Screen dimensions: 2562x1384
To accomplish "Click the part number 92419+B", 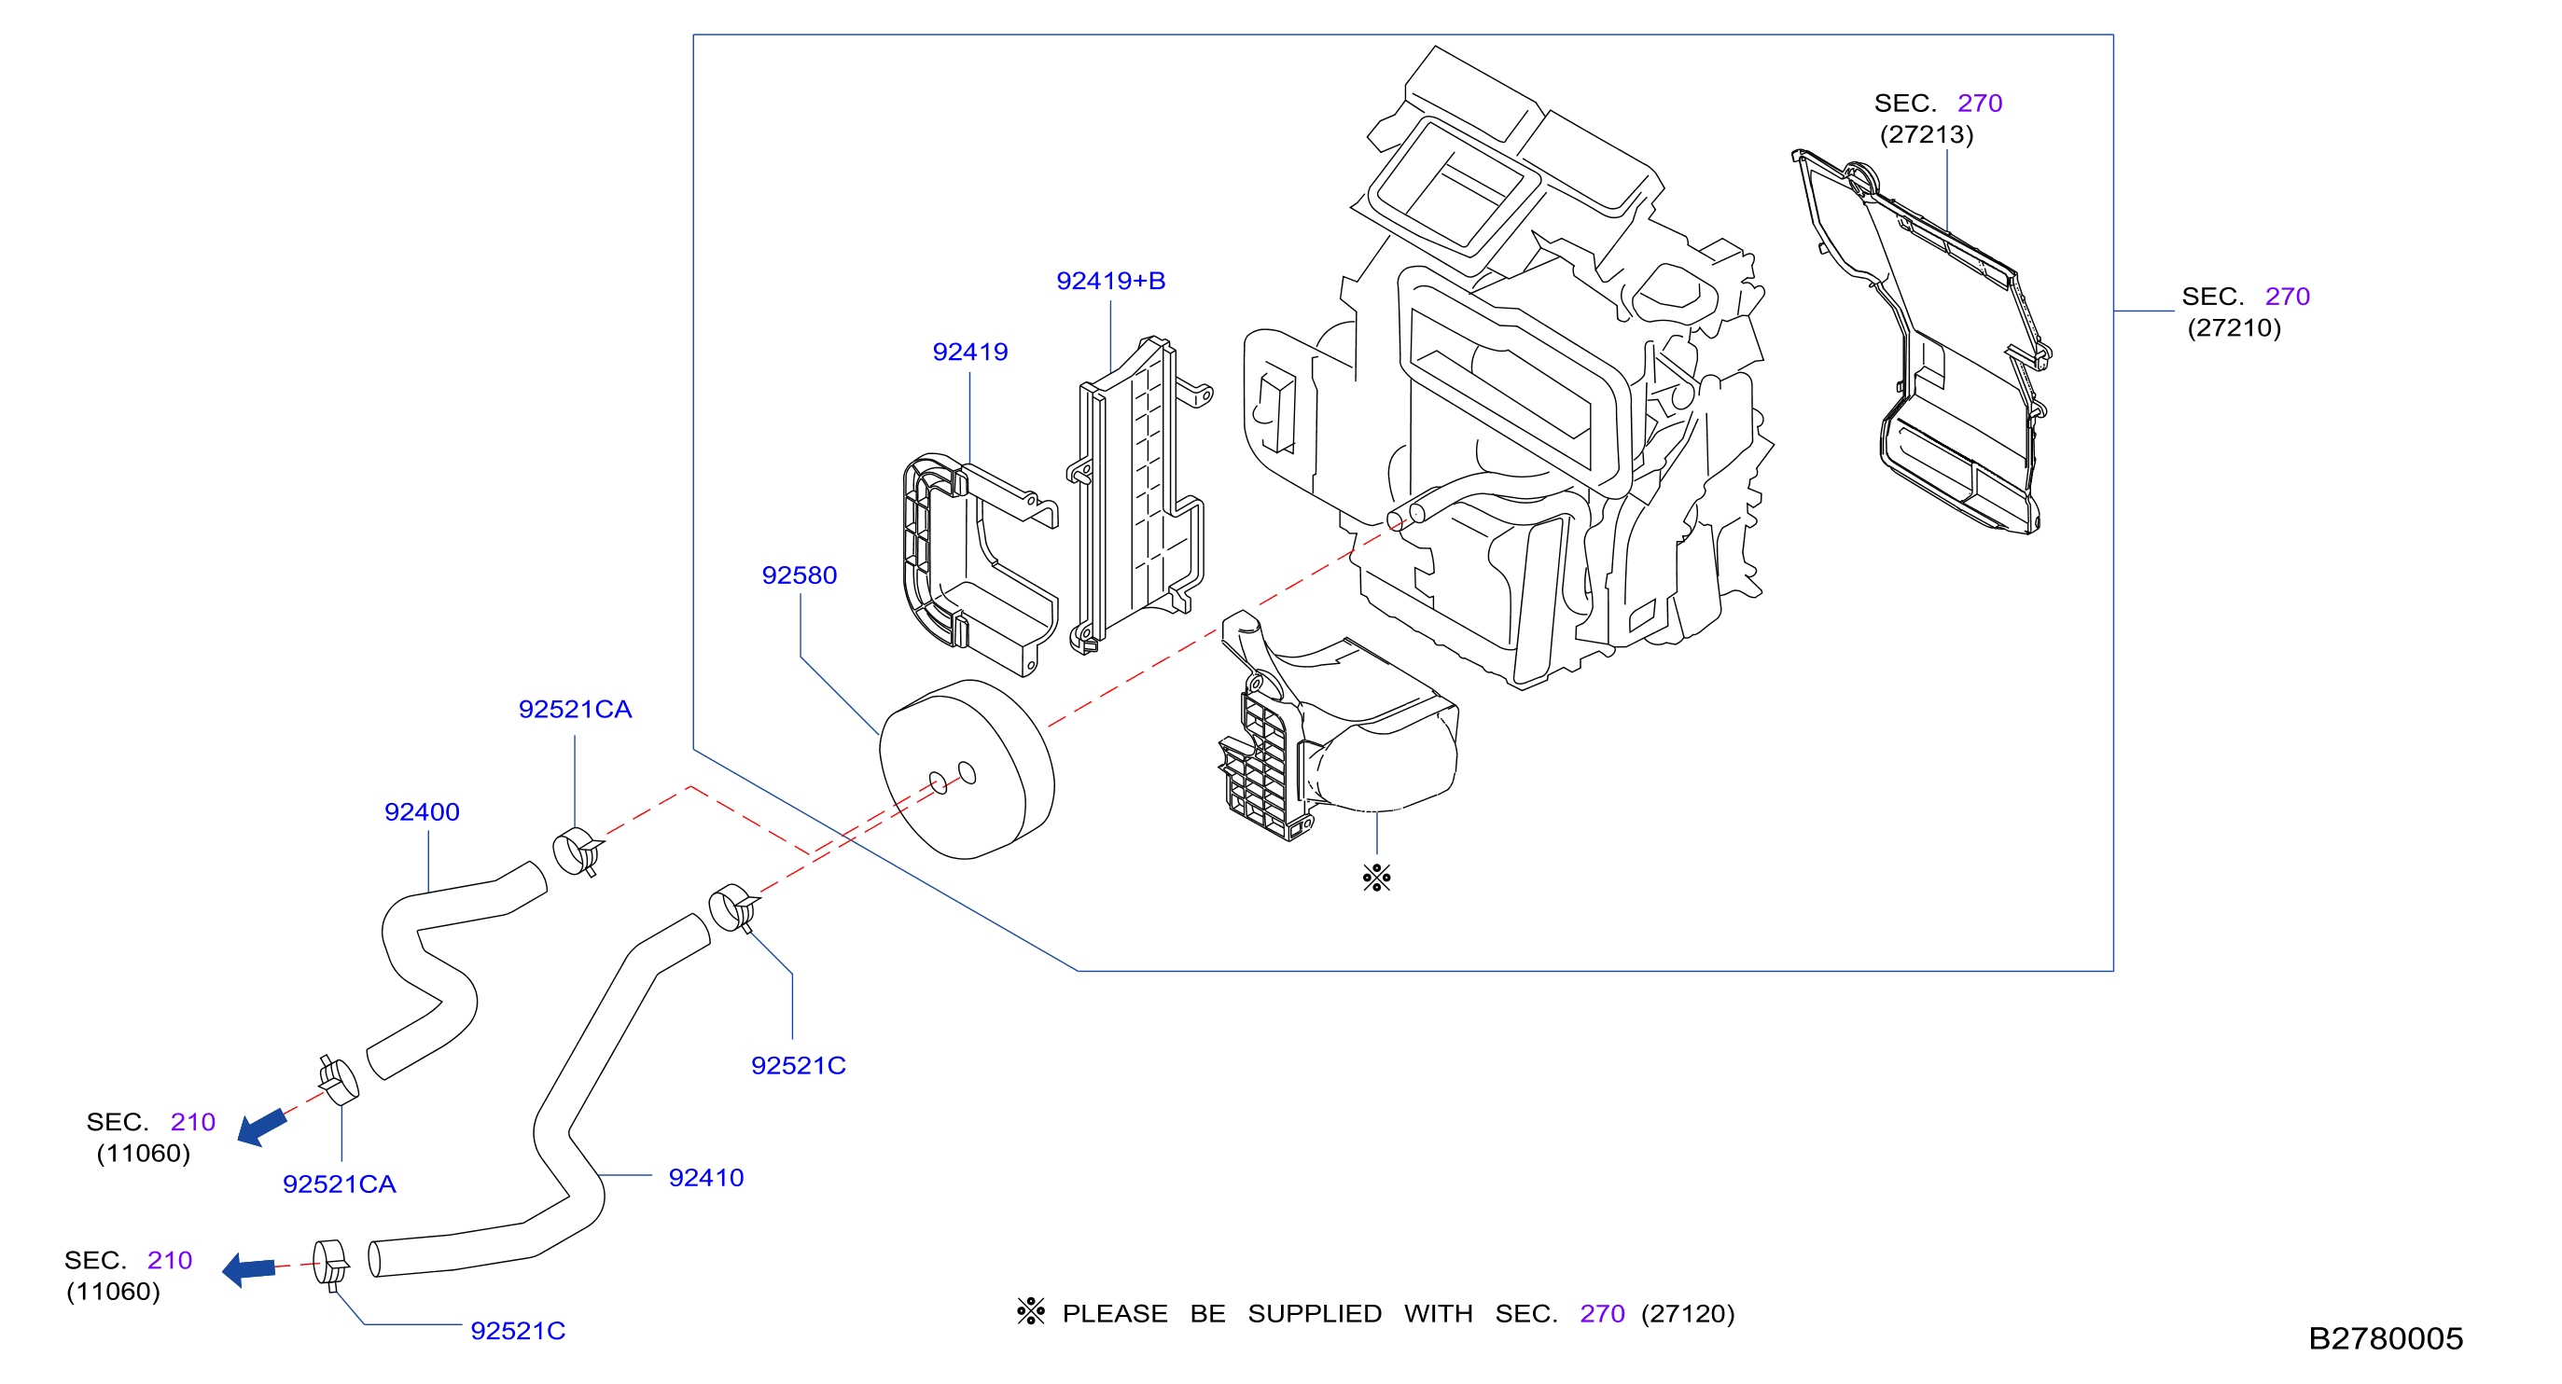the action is pyautogui.click(x=1110, y=282).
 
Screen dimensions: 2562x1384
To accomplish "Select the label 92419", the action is pyautogui.click(x=969, y=352).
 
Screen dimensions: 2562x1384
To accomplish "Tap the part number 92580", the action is pyautogui.click(x=799, y=575).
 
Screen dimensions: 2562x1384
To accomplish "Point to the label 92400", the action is pyautogui.click(x=422, y=812).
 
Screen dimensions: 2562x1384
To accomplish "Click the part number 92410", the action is pyautogui.click(x=706, y=1178).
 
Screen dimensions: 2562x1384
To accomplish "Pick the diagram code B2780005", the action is pyautogui.click(x=2385, y=1338).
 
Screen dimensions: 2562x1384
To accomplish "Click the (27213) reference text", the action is pyautogui.click(x=1927, y=134).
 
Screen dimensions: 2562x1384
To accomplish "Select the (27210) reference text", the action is pyautogui.click(x=2234, y=328).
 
